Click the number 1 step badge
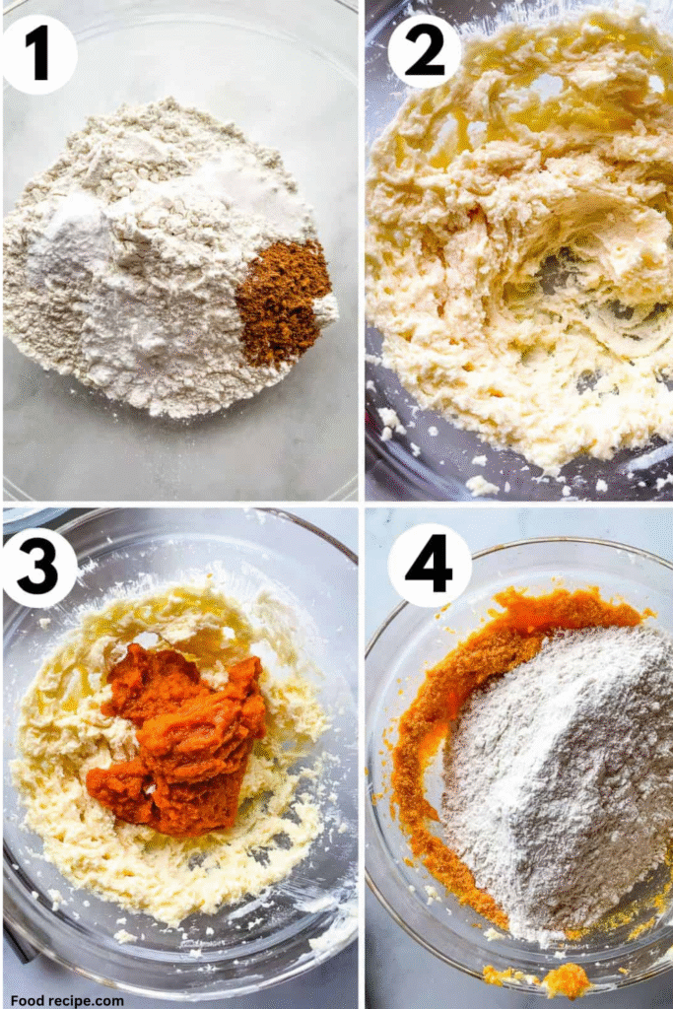[39, 56]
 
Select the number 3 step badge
[39, 567]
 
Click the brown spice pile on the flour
[283, 303]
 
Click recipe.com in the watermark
[88, 1001]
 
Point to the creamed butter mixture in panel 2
[521, 244]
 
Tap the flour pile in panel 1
[161, 257]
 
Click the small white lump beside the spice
[326, 309]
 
